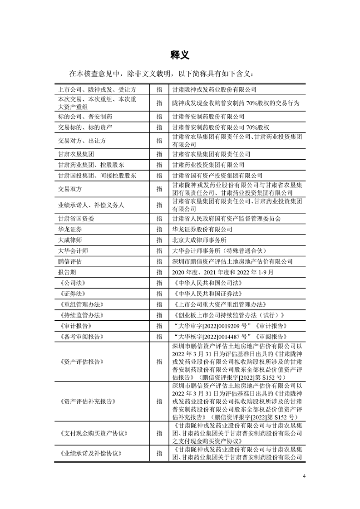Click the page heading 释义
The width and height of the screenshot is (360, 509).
180,55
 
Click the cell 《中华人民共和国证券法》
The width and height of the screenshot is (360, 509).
208,294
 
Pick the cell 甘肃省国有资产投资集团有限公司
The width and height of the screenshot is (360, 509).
217,175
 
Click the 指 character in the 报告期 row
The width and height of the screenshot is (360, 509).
159,272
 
